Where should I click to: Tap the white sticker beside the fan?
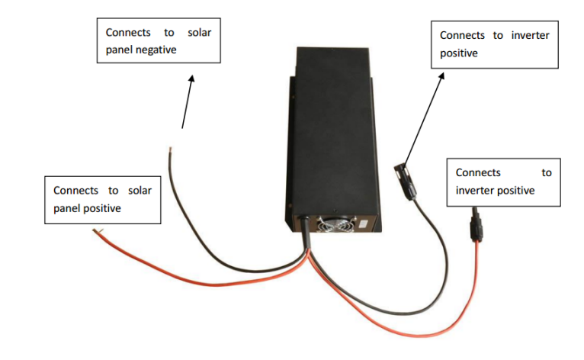pos(363,225)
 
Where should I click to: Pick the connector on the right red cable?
pos(477,225)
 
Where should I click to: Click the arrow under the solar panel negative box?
pos(188,99)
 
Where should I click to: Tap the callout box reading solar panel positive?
pos(102,200)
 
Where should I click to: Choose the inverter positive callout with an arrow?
pos(495,44)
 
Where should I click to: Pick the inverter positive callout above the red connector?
pos(503,182)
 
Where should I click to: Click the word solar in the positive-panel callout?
pos(136,191)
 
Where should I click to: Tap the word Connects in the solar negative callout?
pos(128,33)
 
